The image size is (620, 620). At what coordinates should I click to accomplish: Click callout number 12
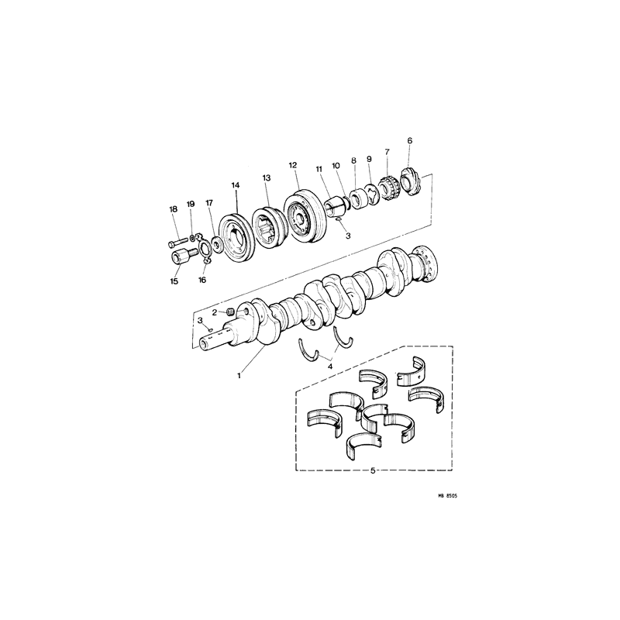tap(293, 165)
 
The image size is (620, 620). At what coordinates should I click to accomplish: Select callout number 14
tap(236, 185)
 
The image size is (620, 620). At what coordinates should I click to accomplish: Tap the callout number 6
tap(410, 140)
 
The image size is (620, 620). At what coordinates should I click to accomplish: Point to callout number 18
tap(173, 209)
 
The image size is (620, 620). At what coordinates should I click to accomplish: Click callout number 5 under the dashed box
tap(373, 470)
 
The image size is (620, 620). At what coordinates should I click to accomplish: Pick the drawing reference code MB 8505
tap(447, 495)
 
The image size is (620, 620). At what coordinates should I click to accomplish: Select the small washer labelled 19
tap(191, 238)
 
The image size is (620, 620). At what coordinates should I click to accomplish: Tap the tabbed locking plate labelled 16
tap(204, 250)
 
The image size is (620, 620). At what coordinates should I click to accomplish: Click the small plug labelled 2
tap(231, 313)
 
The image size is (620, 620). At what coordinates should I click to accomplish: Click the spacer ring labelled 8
tap(356, 199)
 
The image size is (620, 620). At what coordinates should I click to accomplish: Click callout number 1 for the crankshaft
tap(239, 376)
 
